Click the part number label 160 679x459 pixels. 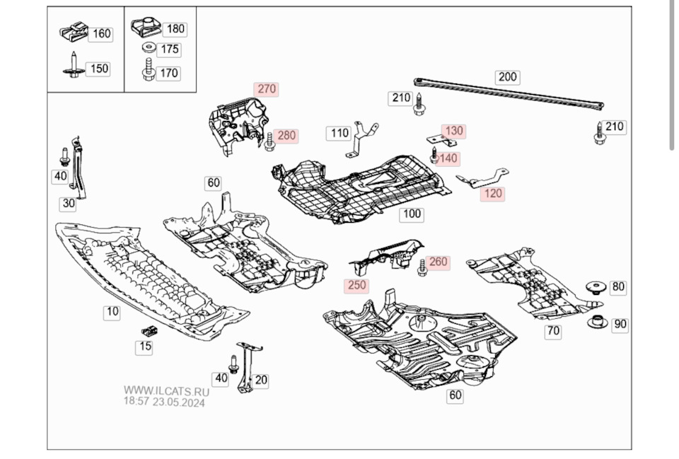point(102,33)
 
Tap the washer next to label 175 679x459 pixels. point(149,49)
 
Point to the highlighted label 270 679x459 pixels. point(266,89)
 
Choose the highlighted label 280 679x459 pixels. point(286,135)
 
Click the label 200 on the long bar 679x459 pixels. point(507,77)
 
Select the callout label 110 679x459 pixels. point(339,133)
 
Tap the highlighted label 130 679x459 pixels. point(453,131)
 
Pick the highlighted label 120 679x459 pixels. point(492,193)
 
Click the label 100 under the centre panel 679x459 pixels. point(411,214)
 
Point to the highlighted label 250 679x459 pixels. point(356,286)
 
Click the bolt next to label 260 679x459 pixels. point(422,267)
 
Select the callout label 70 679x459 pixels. point(552,330)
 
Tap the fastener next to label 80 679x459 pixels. point(596,287)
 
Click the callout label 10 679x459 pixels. point(112,311)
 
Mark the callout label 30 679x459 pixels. point(68,204)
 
